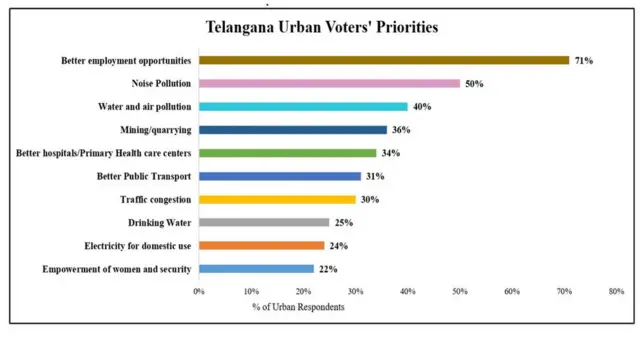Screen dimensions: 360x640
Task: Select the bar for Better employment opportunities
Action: point(384,61)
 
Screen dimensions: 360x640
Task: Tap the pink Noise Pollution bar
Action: point(329,84)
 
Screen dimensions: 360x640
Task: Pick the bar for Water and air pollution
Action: point(303,107)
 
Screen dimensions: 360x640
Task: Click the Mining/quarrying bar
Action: point(293,130)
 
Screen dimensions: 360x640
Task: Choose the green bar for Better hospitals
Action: point(288,153)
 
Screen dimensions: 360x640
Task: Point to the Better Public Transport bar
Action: point(280,176)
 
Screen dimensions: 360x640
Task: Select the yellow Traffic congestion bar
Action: point(277,199)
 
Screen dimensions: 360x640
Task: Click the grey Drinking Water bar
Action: point(264,222)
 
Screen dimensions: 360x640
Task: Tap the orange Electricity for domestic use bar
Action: point(262,245)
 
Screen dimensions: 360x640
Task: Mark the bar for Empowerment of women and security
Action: point(256,268)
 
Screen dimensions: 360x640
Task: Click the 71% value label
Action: point(584,61)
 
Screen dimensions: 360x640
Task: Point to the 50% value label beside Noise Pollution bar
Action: point(474,84)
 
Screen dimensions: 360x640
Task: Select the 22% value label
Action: point(327,269)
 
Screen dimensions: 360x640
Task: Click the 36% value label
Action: point(400,130)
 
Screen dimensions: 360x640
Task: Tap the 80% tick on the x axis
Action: point(616,291)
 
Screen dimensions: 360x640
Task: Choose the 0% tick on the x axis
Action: point(199,291)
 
